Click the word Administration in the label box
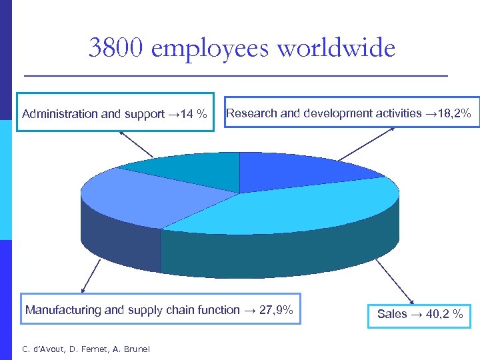click(60, 114)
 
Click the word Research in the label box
click(251, 113)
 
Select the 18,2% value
click(455, 113)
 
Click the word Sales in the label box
click(392, 314)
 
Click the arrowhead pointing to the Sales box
click(413, 302)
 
